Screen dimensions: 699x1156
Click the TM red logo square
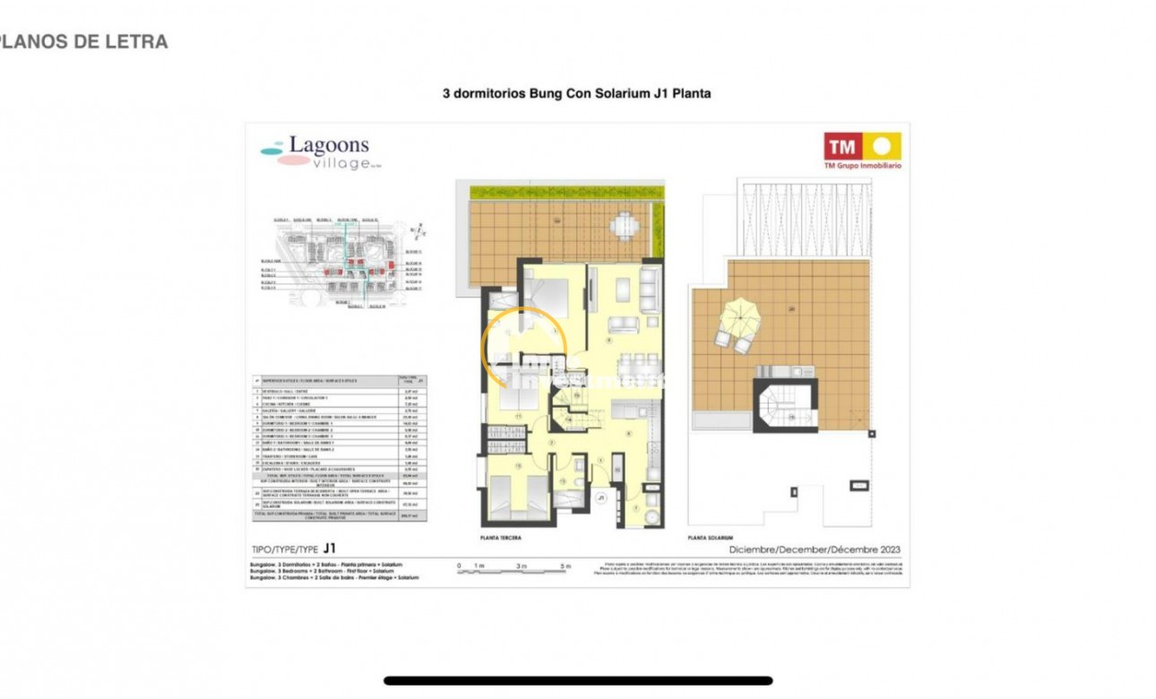pos(842,146)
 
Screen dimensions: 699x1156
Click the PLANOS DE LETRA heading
pos(82,41)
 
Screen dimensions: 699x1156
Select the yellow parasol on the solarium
pos(740,315)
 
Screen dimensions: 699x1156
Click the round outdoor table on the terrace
pos(624,223)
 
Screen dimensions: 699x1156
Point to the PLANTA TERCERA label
pos(501,538)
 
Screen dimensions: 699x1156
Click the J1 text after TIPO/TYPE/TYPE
pos(330,548)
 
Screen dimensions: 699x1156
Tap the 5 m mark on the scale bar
pos(565,566)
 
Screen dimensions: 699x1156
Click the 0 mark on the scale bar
pos(459,566)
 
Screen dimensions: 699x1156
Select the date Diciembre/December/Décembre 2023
pos(814,549)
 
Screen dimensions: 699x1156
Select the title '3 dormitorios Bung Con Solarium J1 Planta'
pos(577,92)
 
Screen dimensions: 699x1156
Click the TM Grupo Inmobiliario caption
pos(862,166)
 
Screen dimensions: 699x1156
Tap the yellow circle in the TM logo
pos(882,146)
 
